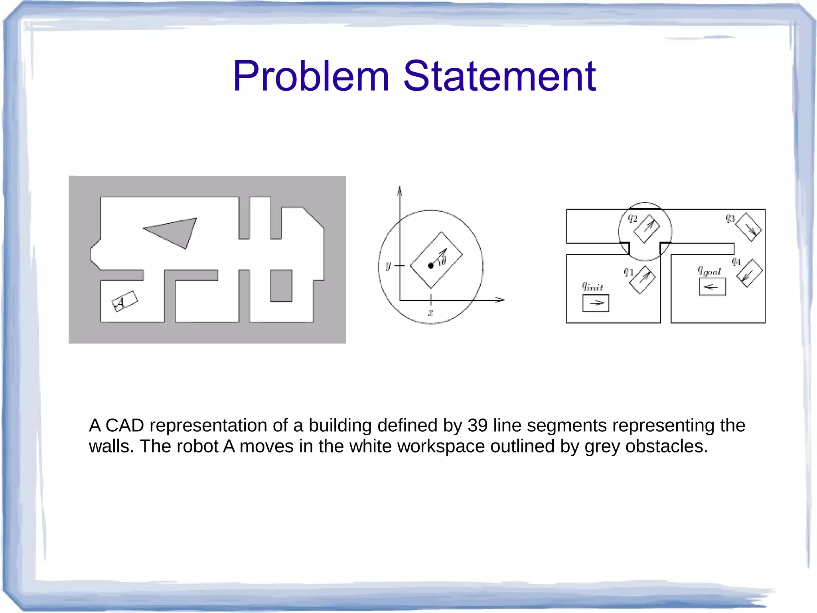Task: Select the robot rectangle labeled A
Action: [124, 302]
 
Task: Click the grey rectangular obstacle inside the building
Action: [281, 286]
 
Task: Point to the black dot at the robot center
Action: [431, 266]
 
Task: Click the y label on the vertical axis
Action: [388, 266]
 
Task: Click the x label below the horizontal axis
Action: [430, 313]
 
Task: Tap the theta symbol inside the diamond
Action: [442, 262]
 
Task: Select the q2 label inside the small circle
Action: [633, 218]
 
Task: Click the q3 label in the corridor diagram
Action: [730, 218]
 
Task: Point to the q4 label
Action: [736, 262]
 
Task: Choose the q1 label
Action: [628, 272]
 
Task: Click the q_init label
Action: [592, 286]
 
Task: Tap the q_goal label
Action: [709, 271]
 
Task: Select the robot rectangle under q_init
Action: [596, 303]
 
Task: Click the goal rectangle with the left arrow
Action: [712, 287]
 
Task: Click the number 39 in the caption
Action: [478, 426]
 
